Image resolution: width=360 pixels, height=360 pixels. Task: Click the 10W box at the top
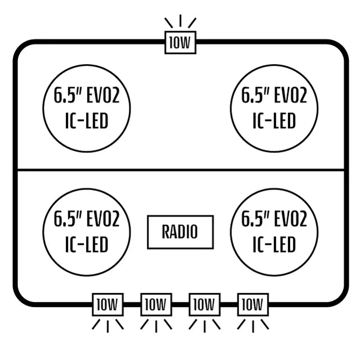click(x=181, y=43)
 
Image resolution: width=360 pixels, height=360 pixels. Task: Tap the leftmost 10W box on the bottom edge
click(x=107, y=304)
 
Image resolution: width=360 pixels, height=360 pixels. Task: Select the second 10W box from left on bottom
click(x=156, y=304)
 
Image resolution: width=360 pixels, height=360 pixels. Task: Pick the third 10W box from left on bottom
click(x=205, y=304)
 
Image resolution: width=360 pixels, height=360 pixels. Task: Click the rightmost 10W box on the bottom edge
click(x=253, y=304)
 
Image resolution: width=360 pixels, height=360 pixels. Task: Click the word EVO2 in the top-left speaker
click(x=103, y=95)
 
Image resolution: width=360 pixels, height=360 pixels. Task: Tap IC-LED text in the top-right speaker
click(x=274, y=121)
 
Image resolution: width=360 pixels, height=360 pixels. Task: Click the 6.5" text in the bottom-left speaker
click(x=67, y=219)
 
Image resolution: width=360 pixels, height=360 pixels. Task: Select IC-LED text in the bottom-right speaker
click(x=274, y=244)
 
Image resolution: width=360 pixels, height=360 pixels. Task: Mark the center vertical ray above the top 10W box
click(x=181, y=21)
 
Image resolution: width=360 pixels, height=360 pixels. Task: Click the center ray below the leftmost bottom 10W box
click(x=107, y=326)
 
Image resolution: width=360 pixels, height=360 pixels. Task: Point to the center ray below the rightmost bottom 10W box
click(x=253, y=326)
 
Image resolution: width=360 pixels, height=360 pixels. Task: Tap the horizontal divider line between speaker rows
click(x=181, y=170)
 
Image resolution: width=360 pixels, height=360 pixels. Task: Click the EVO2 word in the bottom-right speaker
click(x=291, y=219)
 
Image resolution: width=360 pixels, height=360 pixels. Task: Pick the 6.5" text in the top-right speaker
click(x=255, y=95)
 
